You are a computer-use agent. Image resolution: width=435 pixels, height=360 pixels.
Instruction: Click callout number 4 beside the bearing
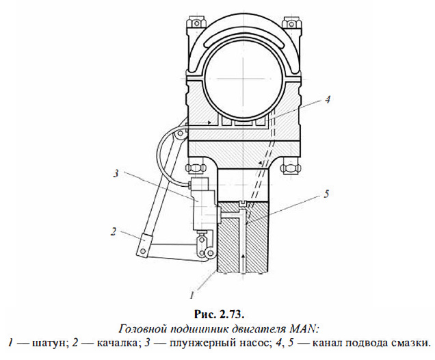pos(328,100)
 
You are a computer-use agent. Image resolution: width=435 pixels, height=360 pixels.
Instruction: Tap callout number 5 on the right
pos(326,194)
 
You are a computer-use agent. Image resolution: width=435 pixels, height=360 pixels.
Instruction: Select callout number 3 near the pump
pos(116,173)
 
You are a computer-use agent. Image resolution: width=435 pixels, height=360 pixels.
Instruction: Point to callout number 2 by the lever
pos(113,231)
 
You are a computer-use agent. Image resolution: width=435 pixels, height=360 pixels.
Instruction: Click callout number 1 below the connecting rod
pos(192,296)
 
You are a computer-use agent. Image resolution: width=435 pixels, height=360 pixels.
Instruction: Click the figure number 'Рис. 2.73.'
pos(219,314)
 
